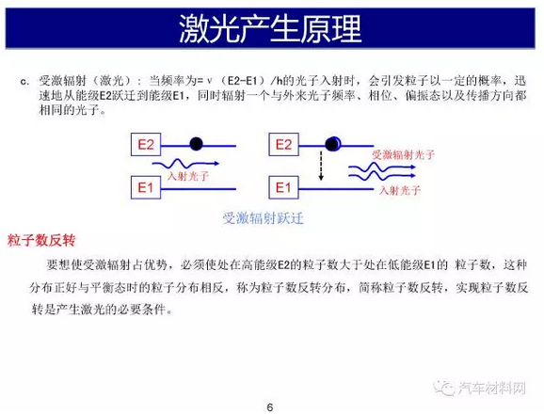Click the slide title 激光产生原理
coord(270,28)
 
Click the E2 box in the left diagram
coord(146,144)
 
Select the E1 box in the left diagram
coord(146,187)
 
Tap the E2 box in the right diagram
coord(283,144)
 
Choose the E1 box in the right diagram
coord(283,187)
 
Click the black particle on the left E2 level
coord(196,144)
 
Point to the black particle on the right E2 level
coord(333,144)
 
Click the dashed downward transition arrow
coord(321,166)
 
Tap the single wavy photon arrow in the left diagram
coord(185,164)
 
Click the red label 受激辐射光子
coord(403,154)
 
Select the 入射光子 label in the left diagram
coord(188,176)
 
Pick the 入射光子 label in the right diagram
coord(400,190)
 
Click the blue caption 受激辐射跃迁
coord(263,218)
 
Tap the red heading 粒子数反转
coord(41,240)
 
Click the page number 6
coord(270,407)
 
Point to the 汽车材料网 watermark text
coord(492,388)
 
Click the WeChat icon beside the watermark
coord(444,388)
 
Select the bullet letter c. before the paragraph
coord(24,82)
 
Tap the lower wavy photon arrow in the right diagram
coord(382,176)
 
